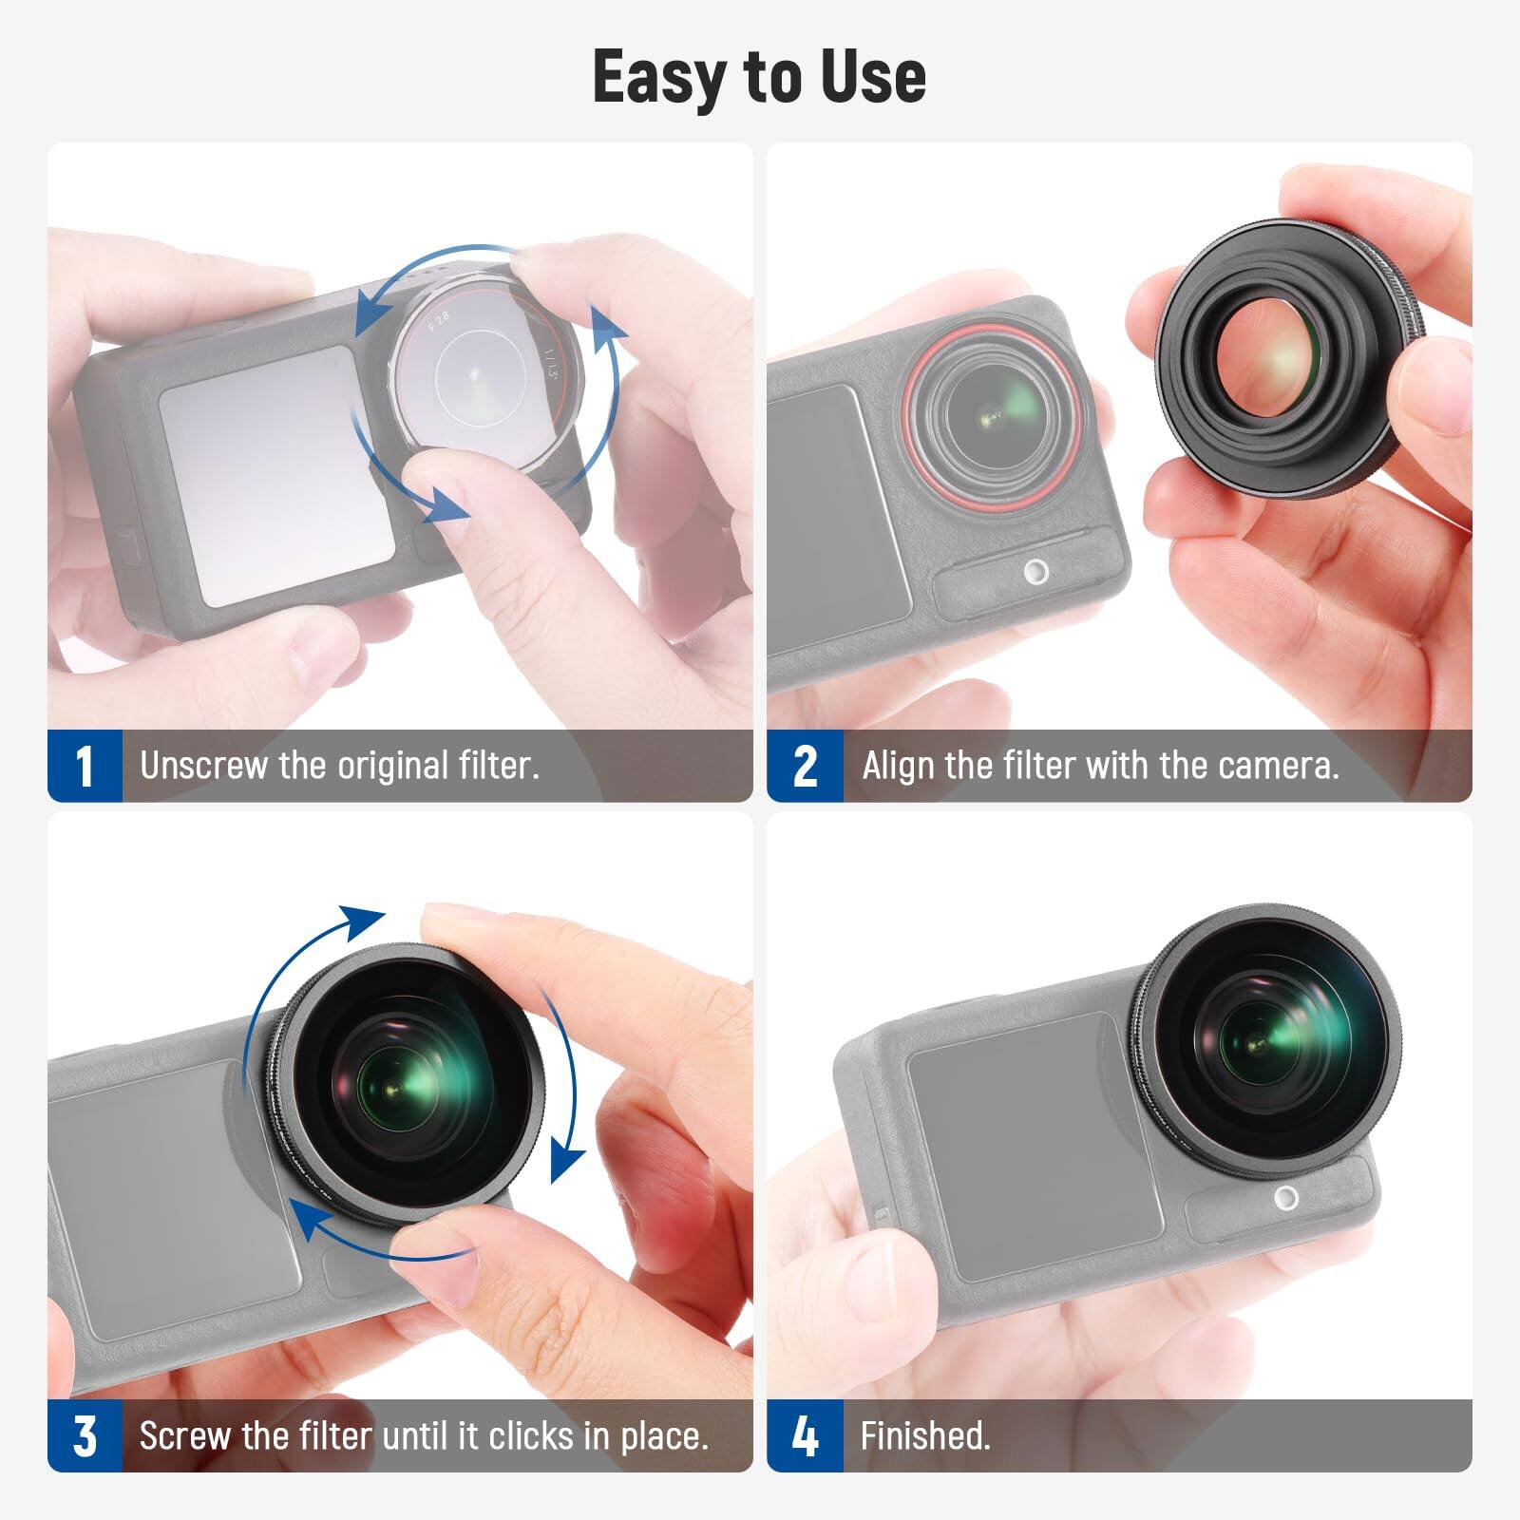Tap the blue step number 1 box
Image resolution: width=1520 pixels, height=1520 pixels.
point(85,766)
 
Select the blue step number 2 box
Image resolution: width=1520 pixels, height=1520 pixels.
point(805,766)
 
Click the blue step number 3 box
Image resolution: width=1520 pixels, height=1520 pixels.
point(85,1435)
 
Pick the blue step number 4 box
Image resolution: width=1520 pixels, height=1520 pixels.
point(805,1435)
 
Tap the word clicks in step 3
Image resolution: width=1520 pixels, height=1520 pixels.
point(532,1435)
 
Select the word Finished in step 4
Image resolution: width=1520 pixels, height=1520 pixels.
point(923,1435)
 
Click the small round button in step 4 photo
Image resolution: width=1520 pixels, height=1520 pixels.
point(1287,1197)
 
